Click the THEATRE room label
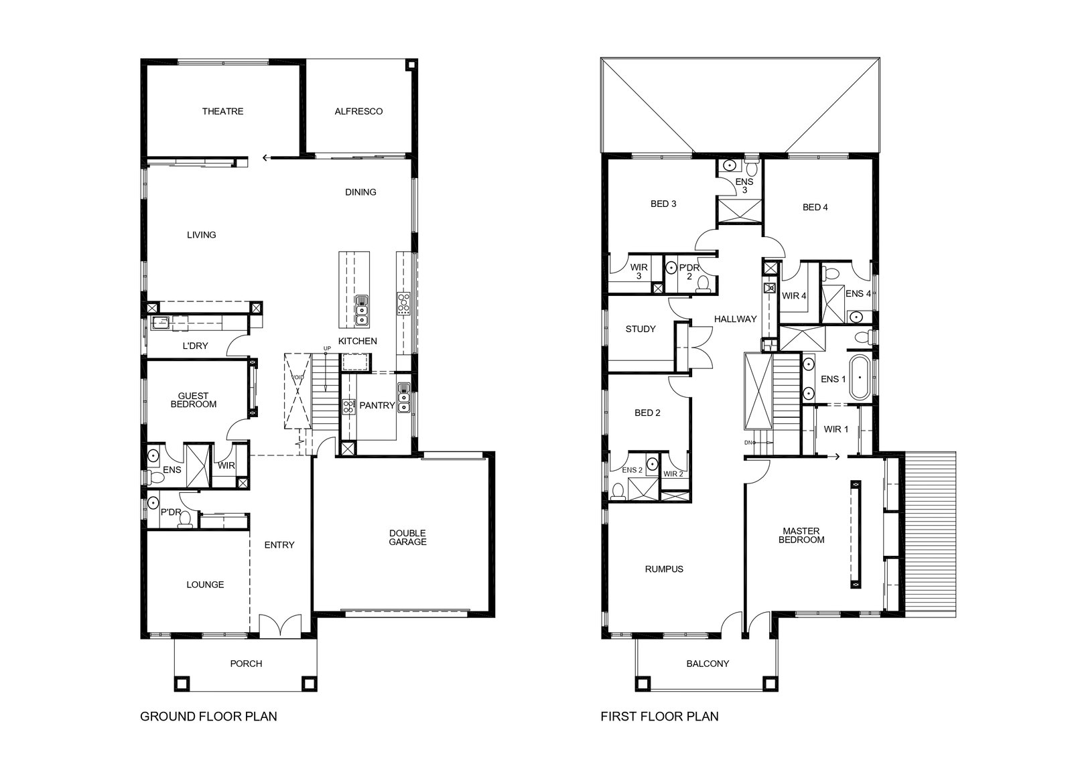[222, 111]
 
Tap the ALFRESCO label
[358, 111]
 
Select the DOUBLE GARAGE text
[407, 538]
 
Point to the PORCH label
[246, 664]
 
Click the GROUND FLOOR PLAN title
[208, 716]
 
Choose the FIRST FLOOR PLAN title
[659, 716]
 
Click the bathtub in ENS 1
[860, 378]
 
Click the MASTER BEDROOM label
[801, 536]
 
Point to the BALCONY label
[708, 664]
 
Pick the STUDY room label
[641, 329]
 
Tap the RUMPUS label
[664, 569]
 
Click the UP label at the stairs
[327, 348]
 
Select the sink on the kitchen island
[362, 311]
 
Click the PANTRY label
[377, 406]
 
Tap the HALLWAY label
[736, 319]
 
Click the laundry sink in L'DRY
[161, 323]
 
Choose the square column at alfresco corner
[411, 64]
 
